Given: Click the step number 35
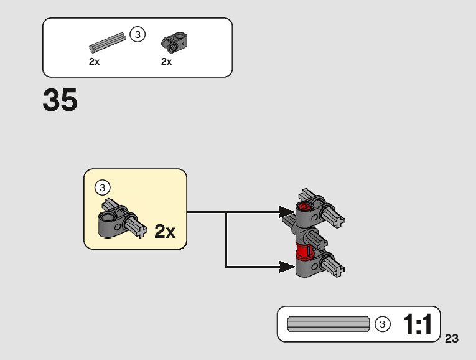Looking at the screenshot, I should [x=60, y=100].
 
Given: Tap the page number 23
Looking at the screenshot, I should [x=452, y=339].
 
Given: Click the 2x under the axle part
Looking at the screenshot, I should [x=94, y=62].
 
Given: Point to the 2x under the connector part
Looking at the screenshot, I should [x=166, y=62].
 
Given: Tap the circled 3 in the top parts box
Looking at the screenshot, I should [x=138, y=35].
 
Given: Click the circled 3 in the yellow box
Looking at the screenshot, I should [x=103, y=187].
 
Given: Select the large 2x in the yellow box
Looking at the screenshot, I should [x=165, y=232].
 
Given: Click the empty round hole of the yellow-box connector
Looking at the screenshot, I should [x=110, y=217].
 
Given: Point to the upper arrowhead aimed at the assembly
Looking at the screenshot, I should [x=287, y=212].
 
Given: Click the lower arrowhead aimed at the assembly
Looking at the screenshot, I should [x=287, y=267].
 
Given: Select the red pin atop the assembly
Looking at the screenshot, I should [x=304, y=207].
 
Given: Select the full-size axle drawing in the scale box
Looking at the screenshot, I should [x=328, y=324].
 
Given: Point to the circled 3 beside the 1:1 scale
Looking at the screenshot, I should [x=383, y=324].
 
